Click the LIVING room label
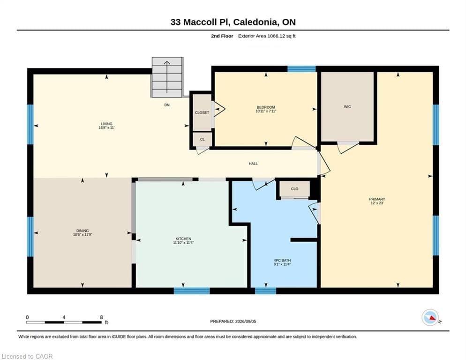click(x=106, y=124)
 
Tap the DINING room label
click(x=83, y=230)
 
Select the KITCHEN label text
click(x=183, y=239)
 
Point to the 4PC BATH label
click(x=282, y=260)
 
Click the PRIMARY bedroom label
click(x=377, y=199)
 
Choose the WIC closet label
click(x=347, y=106)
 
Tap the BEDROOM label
click(x=266, y=107)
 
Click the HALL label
click(x=253, y=164)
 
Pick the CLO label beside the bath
click(x=294, y=189)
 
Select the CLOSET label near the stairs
click(x=202, y=112)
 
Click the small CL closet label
click(x=203, y=139)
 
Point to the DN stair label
click(x=167, y=105)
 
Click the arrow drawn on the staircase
click(x=167, y=77)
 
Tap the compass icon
click(x=430, y=317)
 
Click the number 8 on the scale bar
click(x=101, y=317)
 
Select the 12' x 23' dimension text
click(x=377, y=203)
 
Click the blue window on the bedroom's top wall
click(x=301, y=69)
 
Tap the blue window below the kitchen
click(x=192, y=291)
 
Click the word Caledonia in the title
click(x=256, y=22)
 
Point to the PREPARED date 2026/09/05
click(x=246, y=322)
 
